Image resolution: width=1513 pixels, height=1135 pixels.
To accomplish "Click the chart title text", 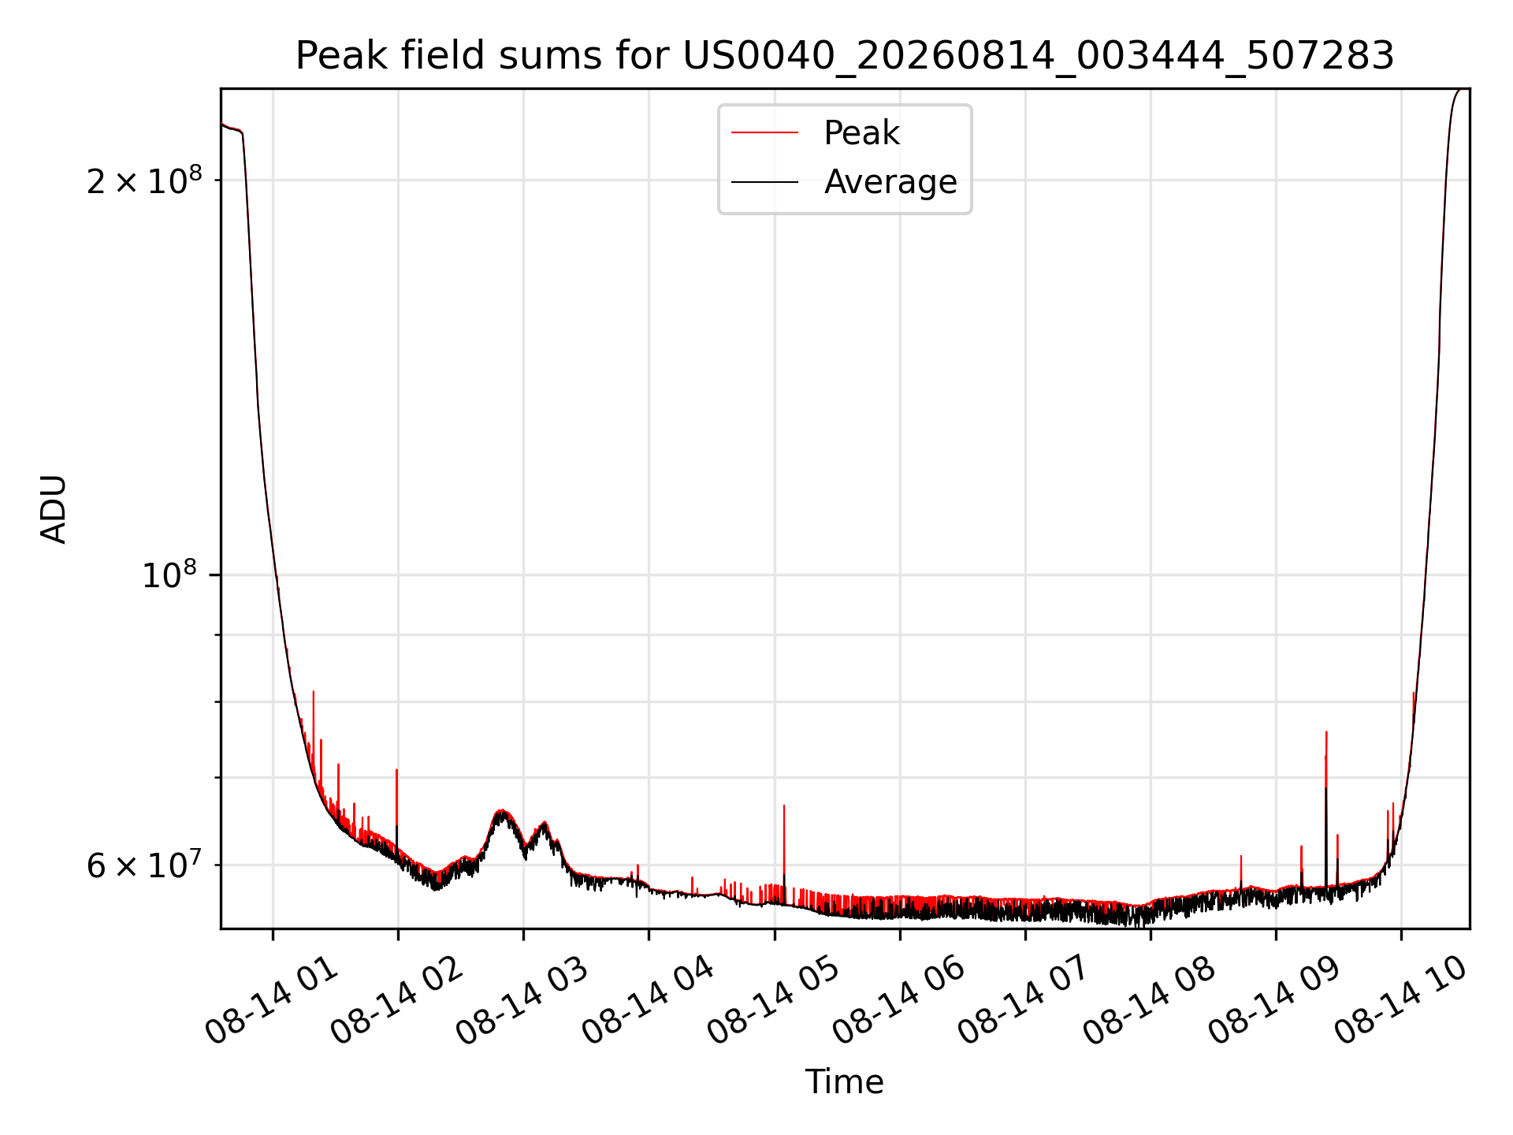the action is point(845,56).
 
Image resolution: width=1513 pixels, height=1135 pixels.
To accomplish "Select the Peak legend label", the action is point(861,133).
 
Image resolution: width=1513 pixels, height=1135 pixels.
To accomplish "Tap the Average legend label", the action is point(890,182).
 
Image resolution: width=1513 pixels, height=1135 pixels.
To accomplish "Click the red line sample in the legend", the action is point(764,133).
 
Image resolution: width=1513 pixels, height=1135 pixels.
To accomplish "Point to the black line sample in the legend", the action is point(764,182).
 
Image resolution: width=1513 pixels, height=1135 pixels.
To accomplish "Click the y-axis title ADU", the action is point(54,509).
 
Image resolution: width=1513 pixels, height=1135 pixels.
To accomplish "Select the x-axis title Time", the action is point(844,1082).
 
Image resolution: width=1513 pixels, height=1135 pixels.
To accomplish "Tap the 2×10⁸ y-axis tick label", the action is point(144,180).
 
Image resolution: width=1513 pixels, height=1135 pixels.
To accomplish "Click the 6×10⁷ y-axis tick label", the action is point(144,865).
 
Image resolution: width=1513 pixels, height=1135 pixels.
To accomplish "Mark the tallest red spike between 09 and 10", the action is point(1326,732).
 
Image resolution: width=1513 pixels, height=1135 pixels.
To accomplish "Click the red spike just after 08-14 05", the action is point(784,806).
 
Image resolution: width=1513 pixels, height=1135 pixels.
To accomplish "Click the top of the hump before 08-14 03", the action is point(501,810).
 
